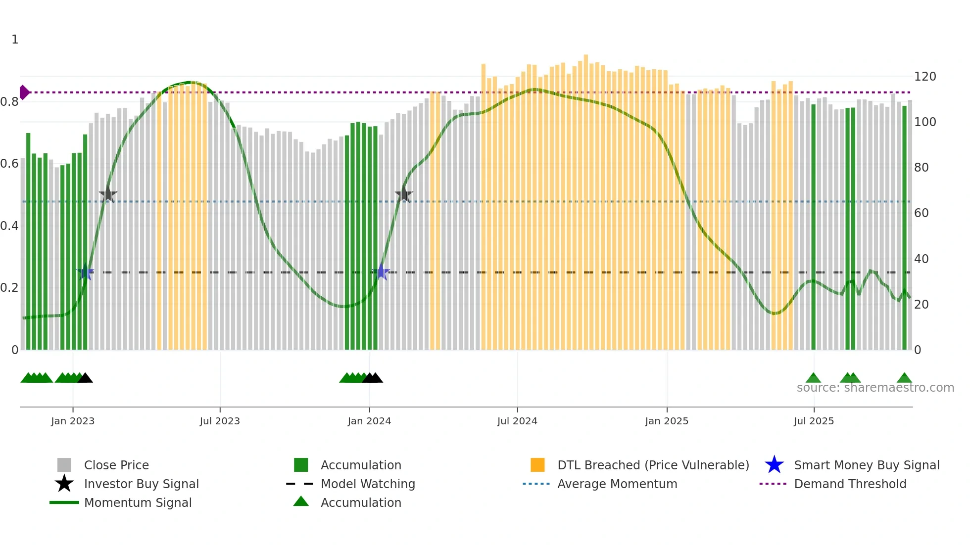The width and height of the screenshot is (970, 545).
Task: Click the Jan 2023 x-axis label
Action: [x=73, y=421]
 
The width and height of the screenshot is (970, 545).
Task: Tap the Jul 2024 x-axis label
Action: [x=517, y=421]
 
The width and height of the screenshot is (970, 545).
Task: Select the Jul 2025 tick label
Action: [x=814, y=421]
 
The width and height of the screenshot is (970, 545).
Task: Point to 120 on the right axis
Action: [x=925, y=77]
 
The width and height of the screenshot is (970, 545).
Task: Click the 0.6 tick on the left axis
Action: [x=9, y=164]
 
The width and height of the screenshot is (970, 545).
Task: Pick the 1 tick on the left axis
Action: [x=15, y=40]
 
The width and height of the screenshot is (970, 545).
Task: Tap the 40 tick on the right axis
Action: [x=921, y=259]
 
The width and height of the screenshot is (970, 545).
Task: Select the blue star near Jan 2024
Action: [x=381, y=272]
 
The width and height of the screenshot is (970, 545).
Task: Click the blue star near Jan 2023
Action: [x=86, y=272]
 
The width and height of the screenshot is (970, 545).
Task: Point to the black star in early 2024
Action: [x=404, y=194]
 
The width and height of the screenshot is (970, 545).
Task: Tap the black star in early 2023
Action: [x=108, y=195]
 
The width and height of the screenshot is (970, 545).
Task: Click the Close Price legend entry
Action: [x=116, y=465]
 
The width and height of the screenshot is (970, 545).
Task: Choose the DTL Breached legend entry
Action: [x=653, y=465]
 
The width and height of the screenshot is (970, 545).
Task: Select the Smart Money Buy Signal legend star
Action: [x=774, y=465]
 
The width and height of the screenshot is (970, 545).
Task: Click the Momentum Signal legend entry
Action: [x=138, y=502]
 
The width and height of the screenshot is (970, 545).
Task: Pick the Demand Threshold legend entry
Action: [x=850, y=484]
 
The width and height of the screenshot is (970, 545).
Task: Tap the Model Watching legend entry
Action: [x=368, y=484]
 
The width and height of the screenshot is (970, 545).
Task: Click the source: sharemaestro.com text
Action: [x=875, y=388]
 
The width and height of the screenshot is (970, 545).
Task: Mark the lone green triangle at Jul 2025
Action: [x=813, y=378]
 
